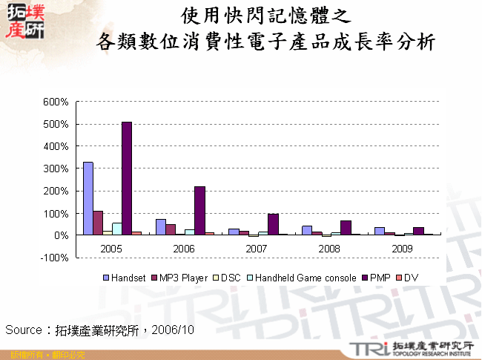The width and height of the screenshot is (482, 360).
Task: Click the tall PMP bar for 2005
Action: pos(127,178)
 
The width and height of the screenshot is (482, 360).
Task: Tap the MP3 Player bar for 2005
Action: pos(98,223)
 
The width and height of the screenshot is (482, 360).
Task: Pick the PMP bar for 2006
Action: pos(199,211)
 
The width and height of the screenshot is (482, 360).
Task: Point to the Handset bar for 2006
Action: pos(161,227)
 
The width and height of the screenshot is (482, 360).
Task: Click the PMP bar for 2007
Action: pos(272,224)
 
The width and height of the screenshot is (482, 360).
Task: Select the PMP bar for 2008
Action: pos(345,228)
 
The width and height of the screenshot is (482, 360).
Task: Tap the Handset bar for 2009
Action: pos(379,231)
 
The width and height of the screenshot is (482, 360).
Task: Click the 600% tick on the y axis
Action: pos(57,102)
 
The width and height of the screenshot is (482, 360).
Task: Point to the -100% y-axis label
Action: pos(56,258)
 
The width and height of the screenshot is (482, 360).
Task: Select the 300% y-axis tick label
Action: pos(57,168)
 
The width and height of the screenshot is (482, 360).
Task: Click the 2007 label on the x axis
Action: pos(257,247)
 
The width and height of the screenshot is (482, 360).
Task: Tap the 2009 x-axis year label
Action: pos(403,247)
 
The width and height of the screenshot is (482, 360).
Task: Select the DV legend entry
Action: pos(411,277)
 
